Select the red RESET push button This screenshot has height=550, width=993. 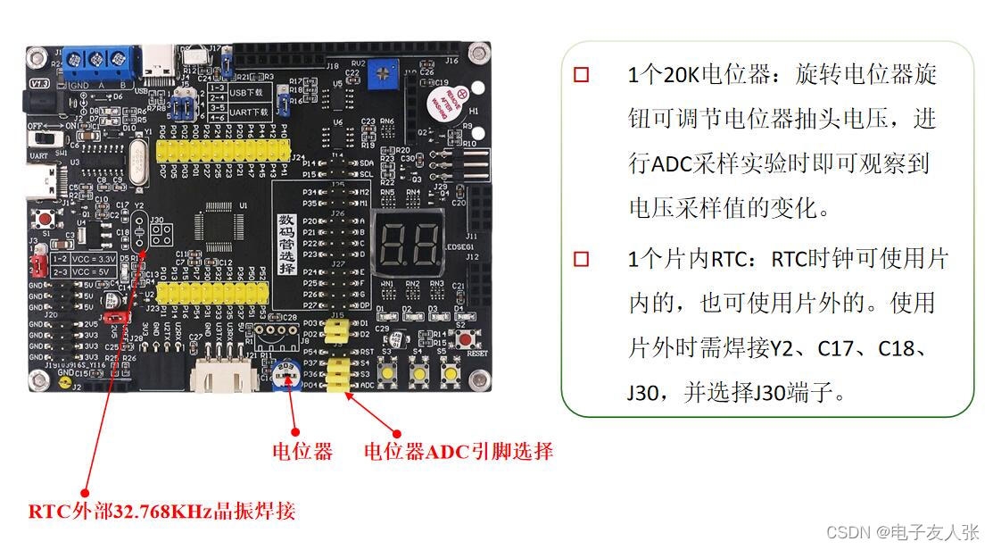tap(465, 340)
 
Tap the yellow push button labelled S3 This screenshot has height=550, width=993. tap(389, 374)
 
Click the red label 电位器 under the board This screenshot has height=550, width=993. tap(302, 452)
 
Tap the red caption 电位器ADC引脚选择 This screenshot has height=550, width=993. tap(458, 452)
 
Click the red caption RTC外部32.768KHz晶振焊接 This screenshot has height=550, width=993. tap(161, 512)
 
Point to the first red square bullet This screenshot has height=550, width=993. tap(582, 74)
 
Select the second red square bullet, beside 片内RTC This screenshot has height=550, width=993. tap(582, 260)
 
